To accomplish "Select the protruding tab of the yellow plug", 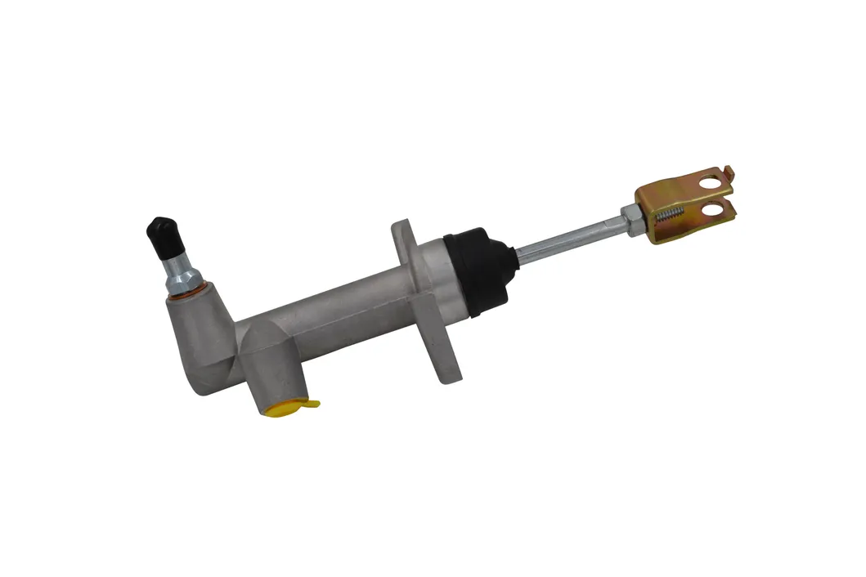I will [312, 403].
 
